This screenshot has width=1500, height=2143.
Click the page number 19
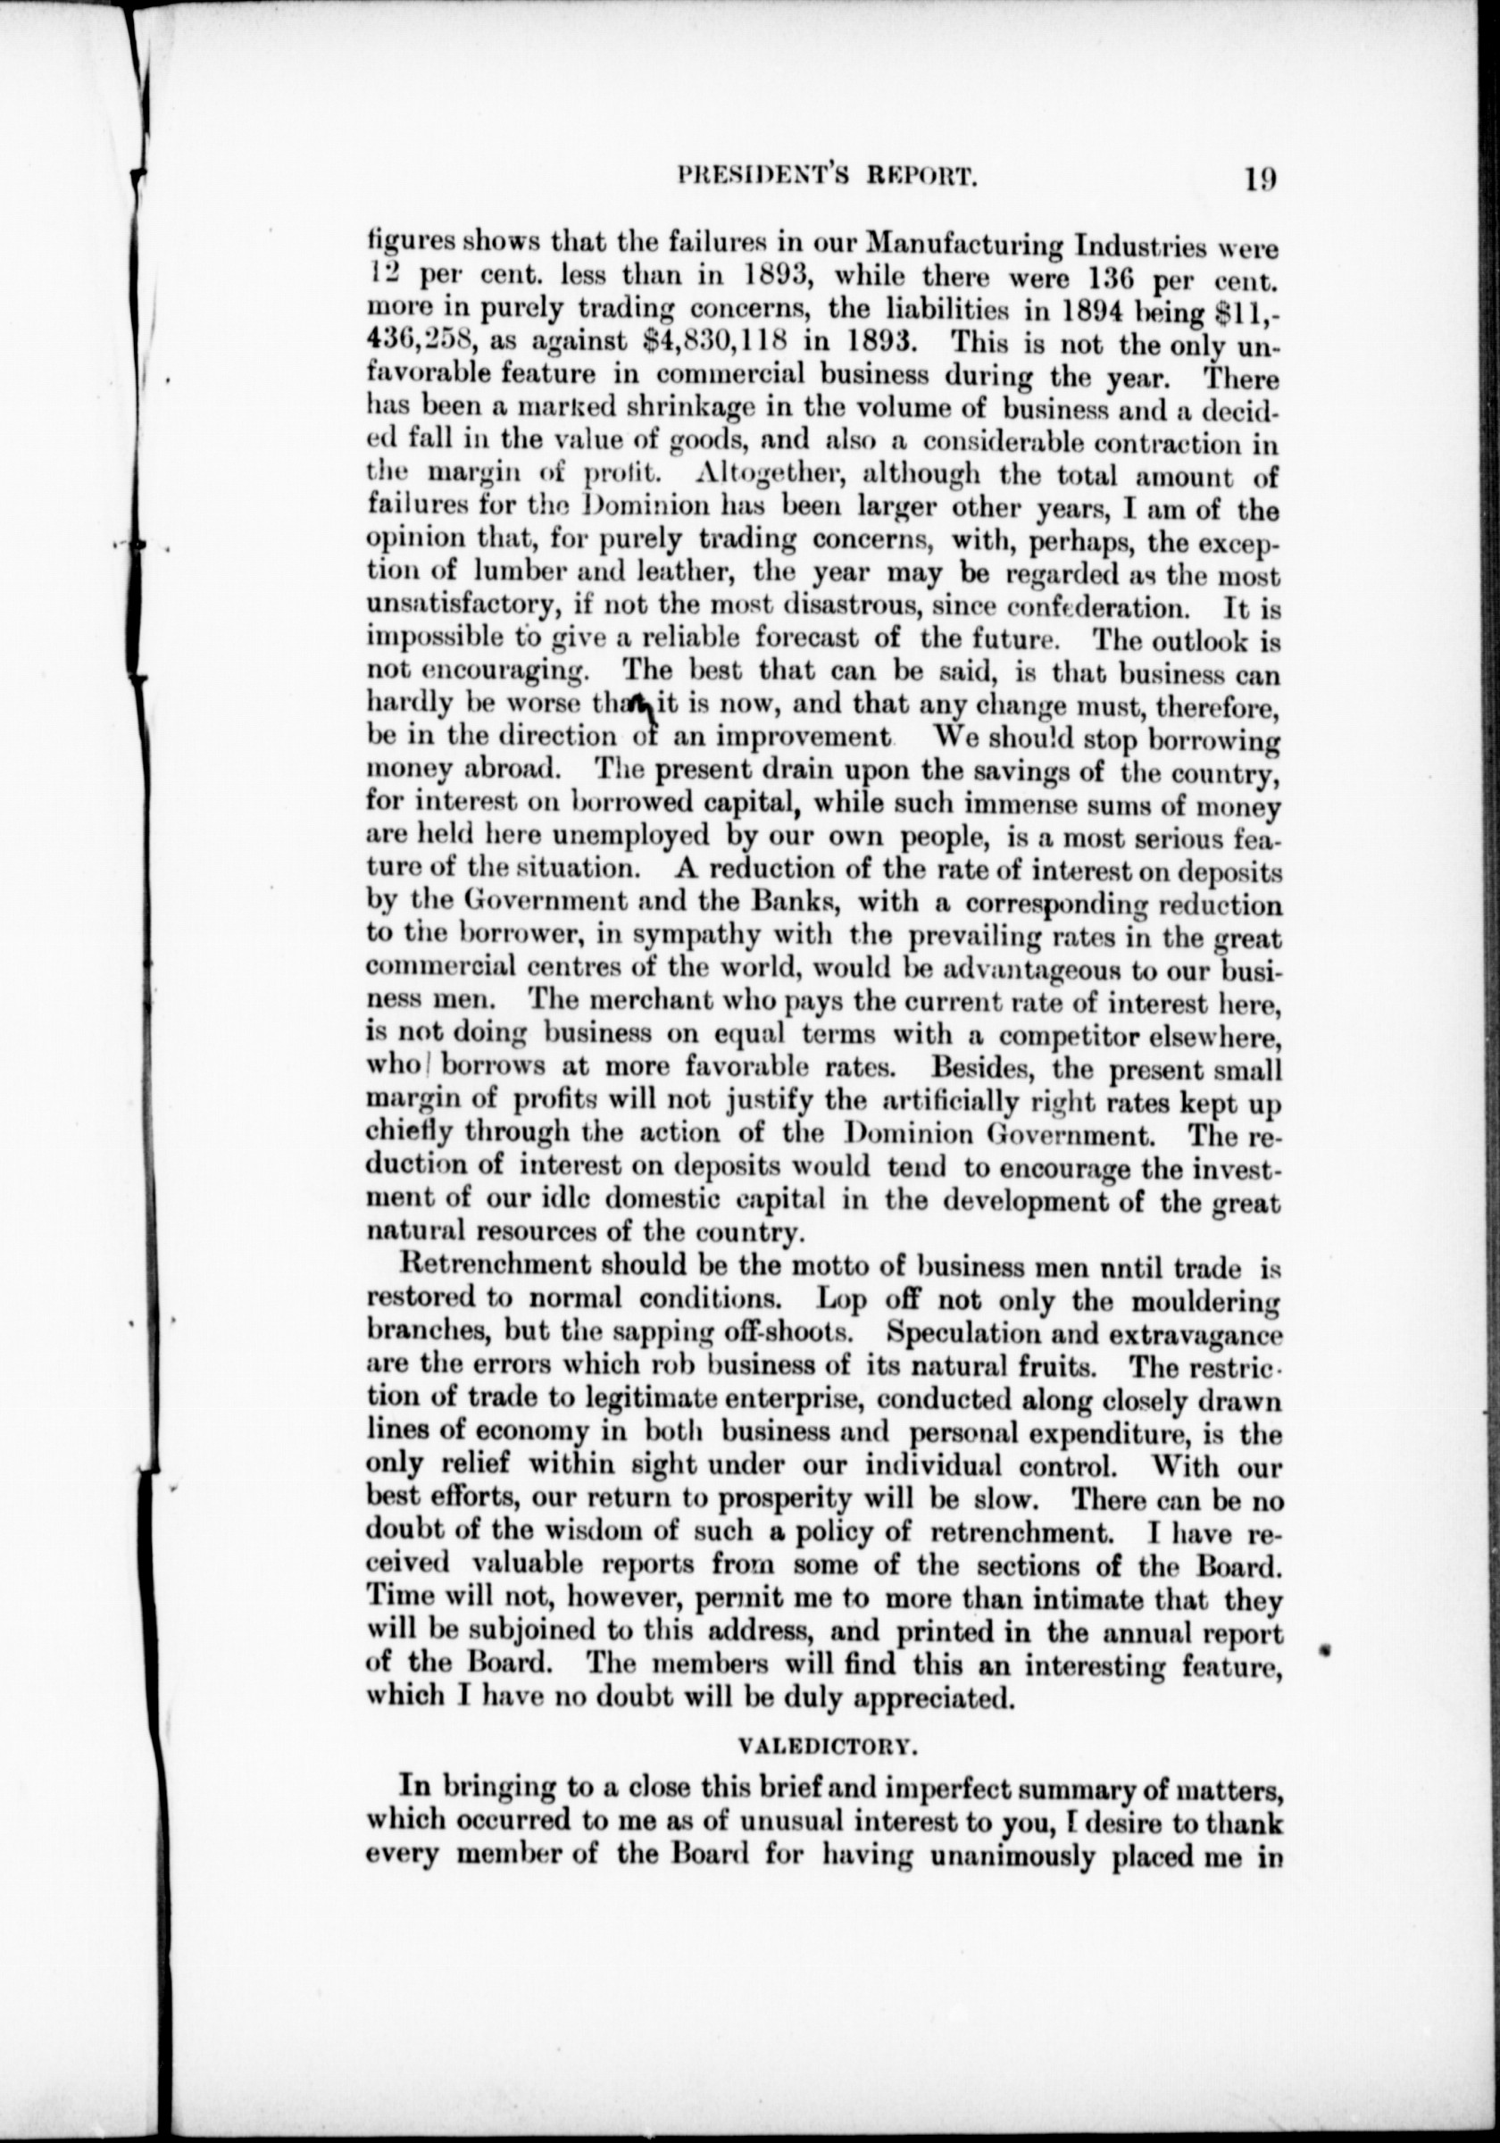pyautogui.click(x=1259, y=178)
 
